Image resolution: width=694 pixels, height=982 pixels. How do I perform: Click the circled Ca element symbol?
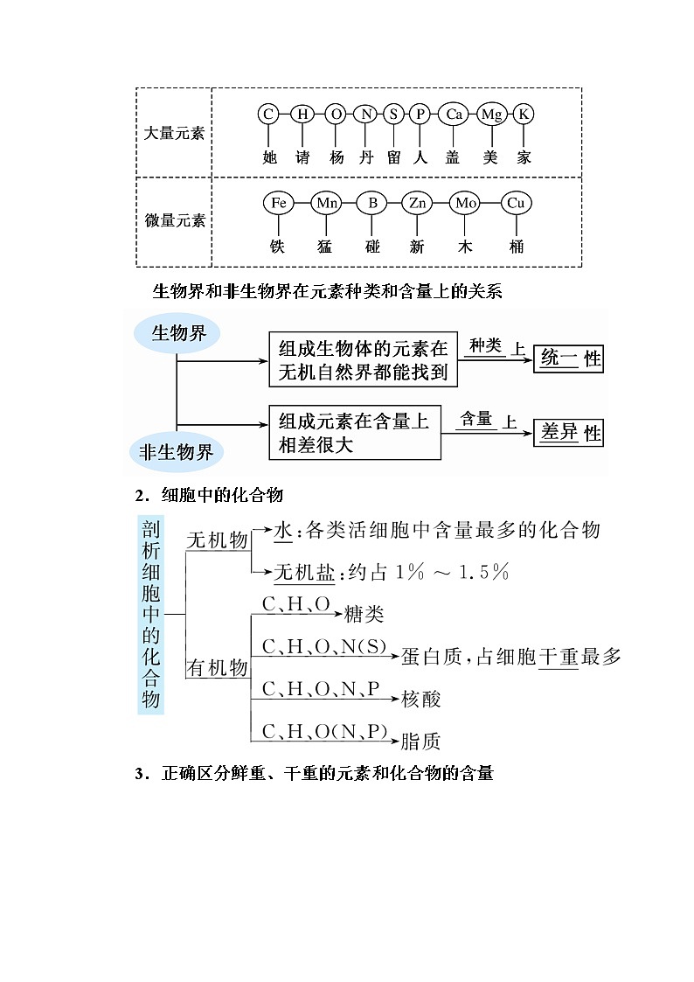pyautogui.click(x=453, y=114)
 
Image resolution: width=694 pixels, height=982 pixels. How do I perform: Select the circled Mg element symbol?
pyautogui.click(x=492, y=114)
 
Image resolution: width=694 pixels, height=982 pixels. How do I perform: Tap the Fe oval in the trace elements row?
pyautogui.click(x=278, y=204)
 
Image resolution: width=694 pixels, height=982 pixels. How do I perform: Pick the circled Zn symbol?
pyautogui.click(x=418, y=204)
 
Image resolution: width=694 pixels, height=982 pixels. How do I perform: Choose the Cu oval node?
pyautogui.click(x=516, y=204)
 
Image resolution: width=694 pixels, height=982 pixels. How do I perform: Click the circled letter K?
pyautogui.click(x=524, y=114)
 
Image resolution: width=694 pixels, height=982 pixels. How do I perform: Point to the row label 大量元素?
pyautogui.click(x=174, y=133)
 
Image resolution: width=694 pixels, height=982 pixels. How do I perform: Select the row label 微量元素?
pyautogui.click(x=174, y=220)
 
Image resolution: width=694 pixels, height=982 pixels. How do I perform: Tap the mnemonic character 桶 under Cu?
pyautogui.click(x=516, y=247)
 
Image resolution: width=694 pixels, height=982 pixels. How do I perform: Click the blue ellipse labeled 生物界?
pyautogui.click(x=179, y=333)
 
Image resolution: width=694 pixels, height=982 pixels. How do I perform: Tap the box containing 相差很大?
pyautogui.click(x=354, y=432)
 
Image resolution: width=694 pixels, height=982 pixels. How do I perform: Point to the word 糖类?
pyautogui.click(x=364, y=614)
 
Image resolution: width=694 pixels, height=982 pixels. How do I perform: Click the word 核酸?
pyautogui.click(x=420, y=699)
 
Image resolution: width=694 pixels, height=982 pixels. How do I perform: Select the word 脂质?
pyautogui.click(x=420, y=742)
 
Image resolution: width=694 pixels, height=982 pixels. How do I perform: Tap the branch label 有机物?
pyautogui.click(x=218, y=668)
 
